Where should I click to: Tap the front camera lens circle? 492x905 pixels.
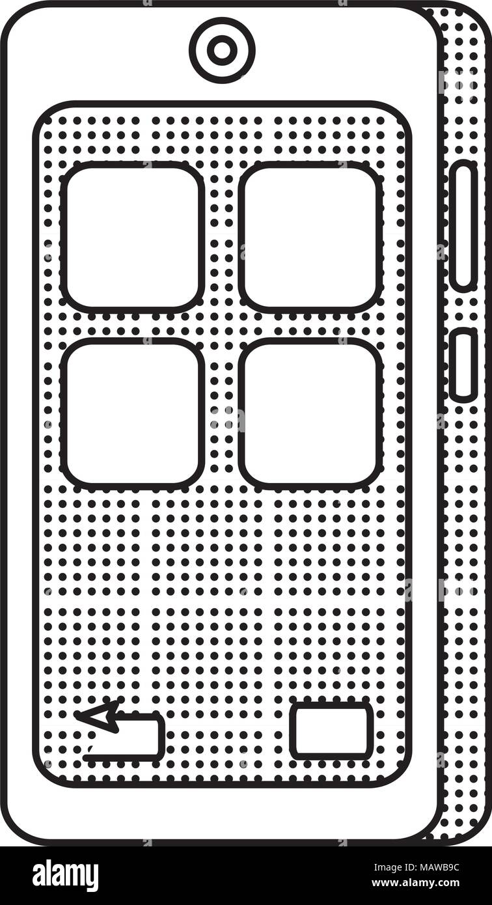222,50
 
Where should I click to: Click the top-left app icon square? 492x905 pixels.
132,238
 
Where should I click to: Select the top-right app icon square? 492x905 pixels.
310,238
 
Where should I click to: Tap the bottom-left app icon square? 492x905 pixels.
132,413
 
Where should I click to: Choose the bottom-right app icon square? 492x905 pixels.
310,413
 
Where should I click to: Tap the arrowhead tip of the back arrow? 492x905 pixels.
75,715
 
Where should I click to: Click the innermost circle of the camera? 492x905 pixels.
222,50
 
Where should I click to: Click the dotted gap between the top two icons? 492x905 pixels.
221,238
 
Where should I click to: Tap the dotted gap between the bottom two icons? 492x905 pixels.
221,413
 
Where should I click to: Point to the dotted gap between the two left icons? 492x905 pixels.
132,326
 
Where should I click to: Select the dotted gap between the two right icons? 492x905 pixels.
310,326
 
